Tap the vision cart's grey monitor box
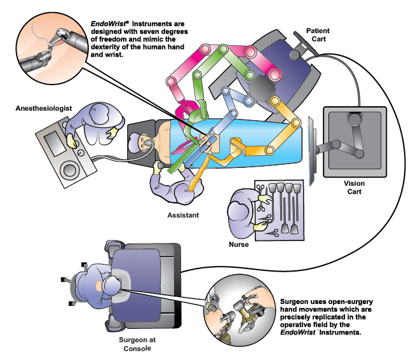[x=353, y=140]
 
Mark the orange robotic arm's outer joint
[x=295, y=123]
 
